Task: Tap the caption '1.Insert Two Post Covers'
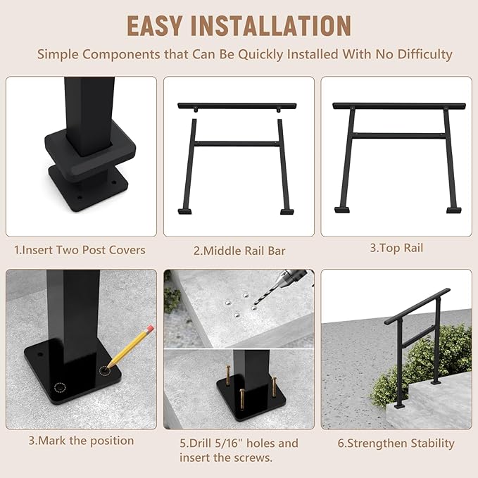[x=80, y=250]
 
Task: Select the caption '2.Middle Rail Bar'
[x=239, y=251]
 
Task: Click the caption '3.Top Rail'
[x=396, y=248]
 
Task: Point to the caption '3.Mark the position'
[x=81, y=441]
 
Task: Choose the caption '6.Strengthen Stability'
[x=396, y=444]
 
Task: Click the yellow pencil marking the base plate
[x=130, y=344]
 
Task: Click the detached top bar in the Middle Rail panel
[x=237, y=106]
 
